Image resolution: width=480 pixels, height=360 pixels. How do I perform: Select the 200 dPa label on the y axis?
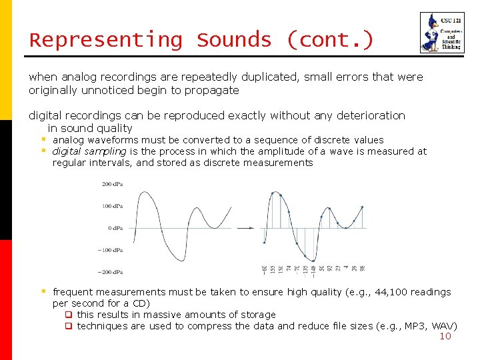[x=112, y=184]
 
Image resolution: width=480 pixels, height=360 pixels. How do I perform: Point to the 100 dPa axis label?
[x=112, y=206]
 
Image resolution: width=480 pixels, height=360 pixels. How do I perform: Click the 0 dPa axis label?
[x=115, y=228]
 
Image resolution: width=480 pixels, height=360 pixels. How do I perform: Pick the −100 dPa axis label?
[x=111, y=250]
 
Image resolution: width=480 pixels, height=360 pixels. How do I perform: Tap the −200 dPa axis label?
[x=111, y=272]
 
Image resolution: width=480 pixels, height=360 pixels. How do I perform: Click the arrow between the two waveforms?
[x=245, y=228]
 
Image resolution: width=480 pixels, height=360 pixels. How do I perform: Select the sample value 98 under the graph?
[x=362, y=268]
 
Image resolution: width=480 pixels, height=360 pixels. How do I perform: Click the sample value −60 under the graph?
[x=265, y=269]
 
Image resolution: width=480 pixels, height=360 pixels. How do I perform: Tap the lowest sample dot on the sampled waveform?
[x=313, y=260]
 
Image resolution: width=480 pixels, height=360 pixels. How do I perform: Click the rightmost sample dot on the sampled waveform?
[x=362, y=207]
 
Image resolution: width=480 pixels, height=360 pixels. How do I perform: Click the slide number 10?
[x=445, y=336]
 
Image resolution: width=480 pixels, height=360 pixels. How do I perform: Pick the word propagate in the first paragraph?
[x=213, y=90]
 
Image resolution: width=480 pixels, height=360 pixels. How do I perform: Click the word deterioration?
[x=369, y=115]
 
